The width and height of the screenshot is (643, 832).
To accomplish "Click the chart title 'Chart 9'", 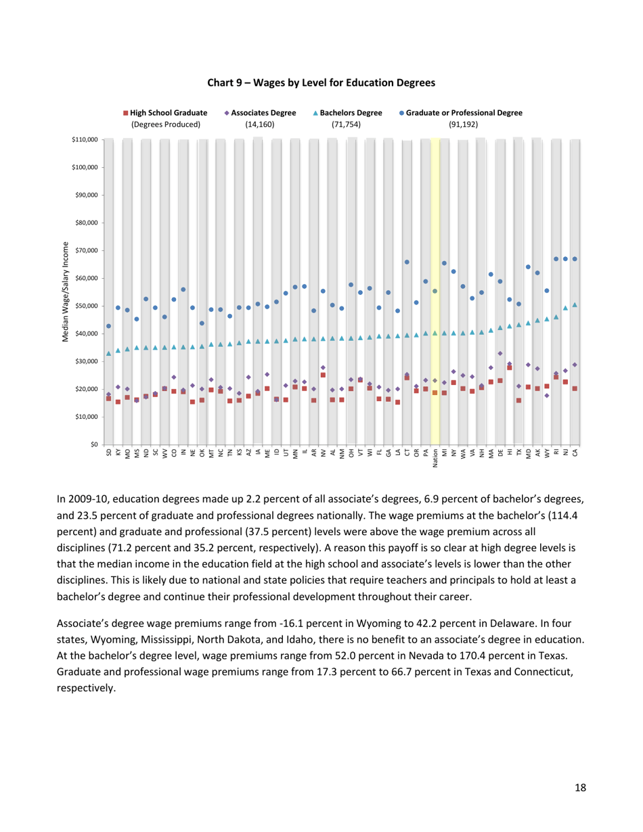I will click(x=321, y=82).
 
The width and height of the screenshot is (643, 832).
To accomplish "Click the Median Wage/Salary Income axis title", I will click(x=66, y=292).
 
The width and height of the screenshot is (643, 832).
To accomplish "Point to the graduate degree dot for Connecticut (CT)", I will click(x=407, y=262).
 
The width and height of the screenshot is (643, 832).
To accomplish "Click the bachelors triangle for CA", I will click(x=575, y=305).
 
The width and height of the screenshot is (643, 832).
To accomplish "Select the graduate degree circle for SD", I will click(x=109, y=326).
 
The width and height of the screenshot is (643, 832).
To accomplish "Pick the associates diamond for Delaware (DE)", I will click(x=500, y=353).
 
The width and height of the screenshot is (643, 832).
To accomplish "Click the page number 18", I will click(x=580, y=787).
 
